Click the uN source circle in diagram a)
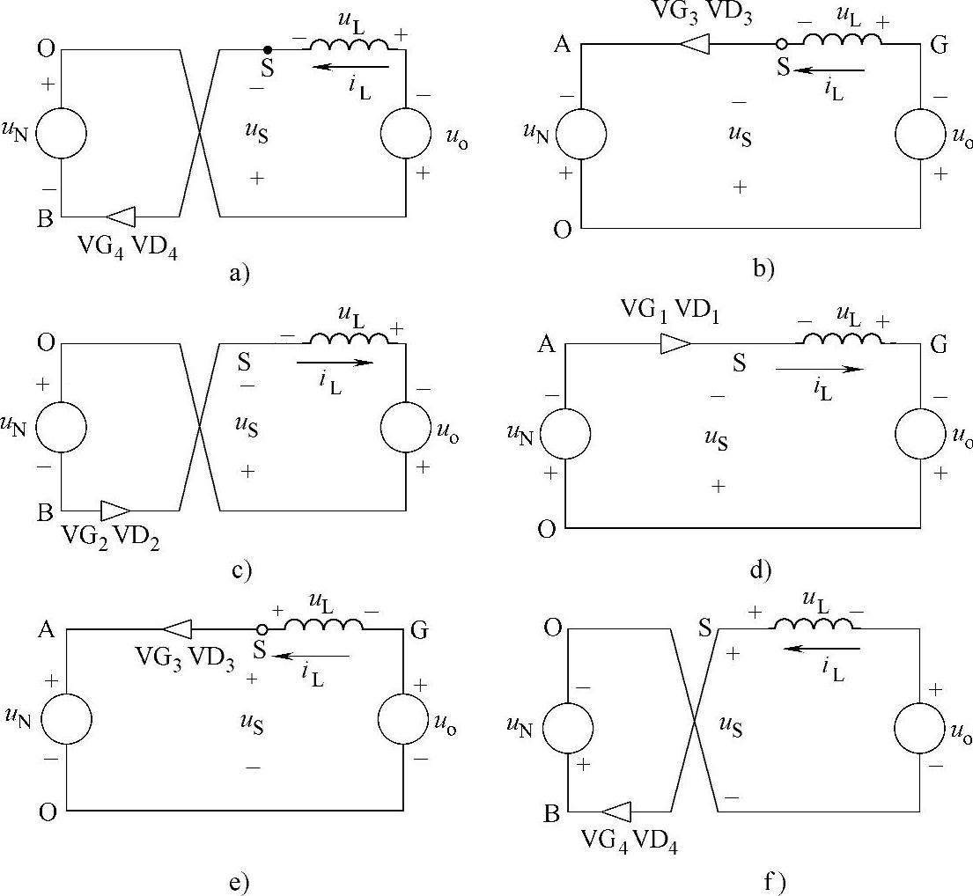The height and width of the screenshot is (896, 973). (62, 134)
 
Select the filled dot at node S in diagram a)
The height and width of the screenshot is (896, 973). (268, 49)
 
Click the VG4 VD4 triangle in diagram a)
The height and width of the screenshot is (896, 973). (120, 216)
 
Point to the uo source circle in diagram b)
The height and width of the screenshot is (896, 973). (921, 135)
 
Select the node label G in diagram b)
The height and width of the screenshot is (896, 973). (939, 47)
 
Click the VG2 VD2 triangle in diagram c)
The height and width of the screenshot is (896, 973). (115, 510)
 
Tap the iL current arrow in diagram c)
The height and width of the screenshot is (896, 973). (335, 362)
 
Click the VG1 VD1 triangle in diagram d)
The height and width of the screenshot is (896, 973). (675, 343)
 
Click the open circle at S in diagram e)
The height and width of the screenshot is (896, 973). (262, 630)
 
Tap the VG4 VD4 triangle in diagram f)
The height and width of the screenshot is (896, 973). (615, 811)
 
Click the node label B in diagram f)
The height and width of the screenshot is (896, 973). (552, 813)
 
